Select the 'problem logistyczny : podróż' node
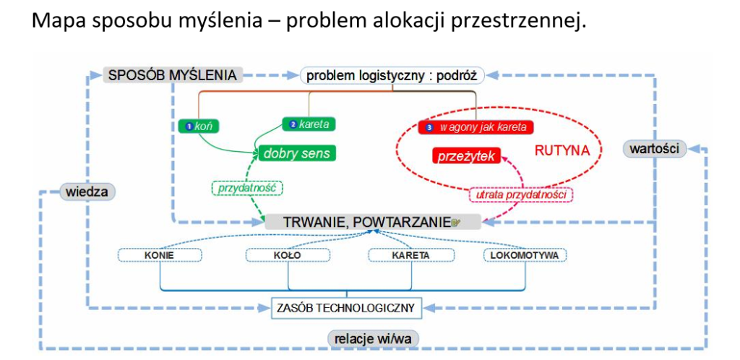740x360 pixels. point(392,74)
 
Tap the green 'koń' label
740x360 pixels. point(199,126)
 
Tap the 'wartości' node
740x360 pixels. point(654,149)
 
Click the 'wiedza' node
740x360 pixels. point(87,192)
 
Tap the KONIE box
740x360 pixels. point(159,255)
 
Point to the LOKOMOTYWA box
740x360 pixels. point(525,255)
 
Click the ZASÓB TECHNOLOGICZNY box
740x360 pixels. point(346,308)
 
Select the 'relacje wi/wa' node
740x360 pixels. point(374,338)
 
